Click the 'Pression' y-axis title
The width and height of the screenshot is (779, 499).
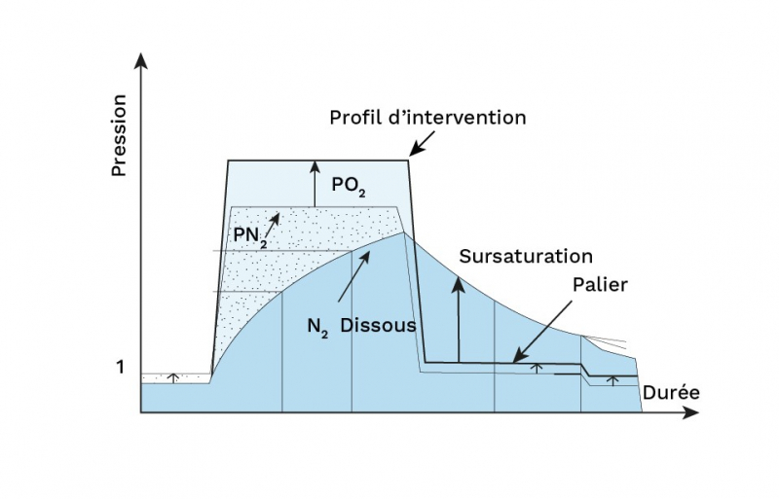pos(120,134)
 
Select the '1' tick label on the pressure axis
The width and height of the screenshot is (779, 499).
pos(121,368)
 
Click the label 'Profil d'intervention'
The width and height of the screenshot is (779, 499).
pos(427,119)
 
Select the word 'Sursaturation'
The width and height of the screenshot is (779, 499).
pos(526,257)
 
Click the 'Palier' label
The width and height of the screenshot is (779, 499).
pos(601,285)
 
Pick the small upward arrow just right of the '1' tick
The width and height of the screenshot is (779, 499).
pos(173,376)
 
